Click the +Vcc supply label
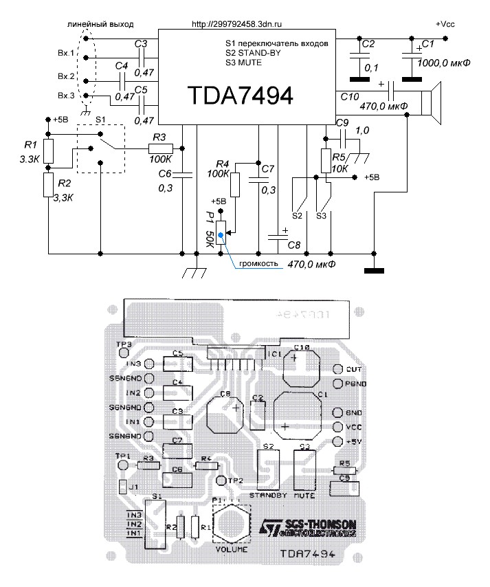point(445,23)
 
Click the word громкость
point(257,263)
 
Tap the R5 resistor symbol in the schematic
point(326,159)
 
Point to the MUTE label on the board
point(304,494)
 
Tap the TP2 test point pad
point(221,479)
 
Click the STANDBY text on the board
point(265,494)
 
